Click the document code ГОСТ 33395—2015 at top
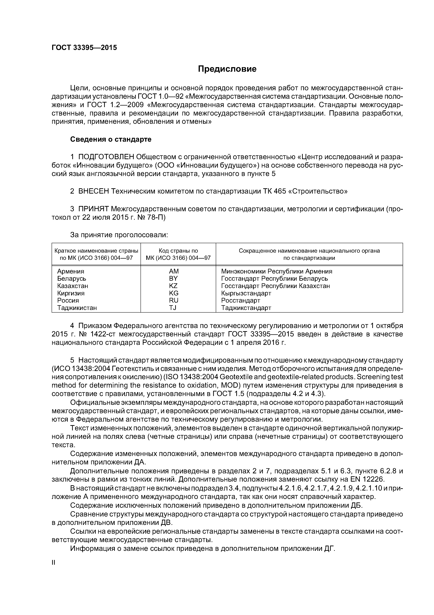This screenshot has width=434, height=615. pos(84,48)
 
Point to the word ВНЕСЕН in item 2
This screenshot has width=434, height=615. pos(94,191)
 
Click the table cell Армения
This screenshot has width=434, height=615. pos(71,271)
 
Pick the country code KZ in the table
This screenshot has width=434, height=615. pos(173,286)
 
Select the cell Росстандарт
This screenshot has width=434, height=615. pos(241,300)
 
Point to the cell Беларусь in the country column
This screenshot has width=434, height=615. pos(72,279)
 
